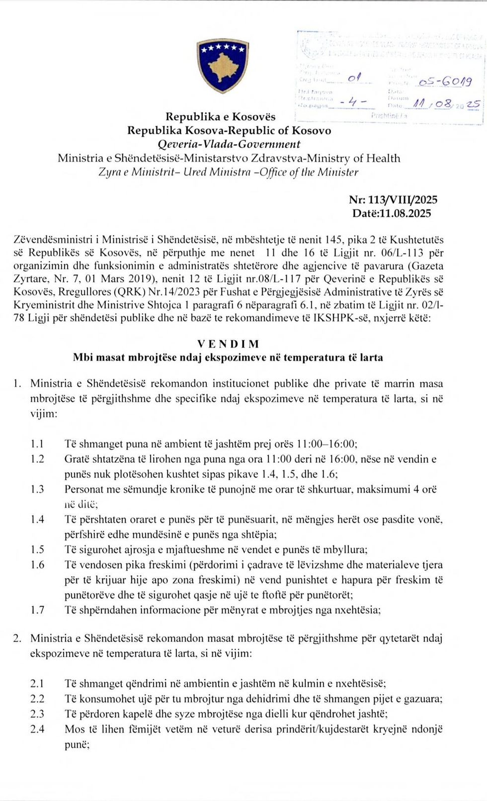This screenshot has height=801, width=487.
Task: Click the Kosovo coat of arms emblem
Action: point(222,66)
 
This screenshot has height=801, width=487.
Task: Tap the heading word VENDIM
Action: point(228,344)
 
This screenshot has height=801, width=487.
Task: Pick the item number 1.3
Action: point(37,489)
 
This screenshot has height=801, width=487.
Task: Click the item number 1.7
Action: point(37,610)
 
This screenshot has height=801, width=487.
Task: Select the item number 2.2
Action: point(37,699)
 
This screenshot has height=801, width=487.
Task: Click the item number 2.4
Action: point(37,729)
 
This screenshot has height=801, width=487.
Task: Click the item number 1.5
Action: point(37,550)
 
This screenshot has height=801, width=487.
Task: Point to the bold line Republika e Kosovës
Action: point(221,117)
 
